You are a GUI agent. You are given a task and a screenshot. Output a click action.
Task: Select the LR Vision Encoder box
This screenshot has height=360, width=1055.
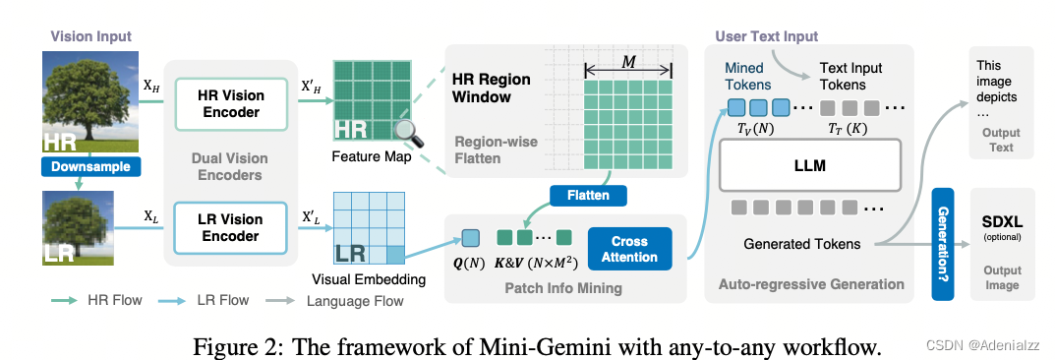230,229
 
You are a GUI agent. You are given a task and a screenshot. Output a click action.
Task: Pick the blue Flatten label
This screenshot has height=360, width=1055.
586,195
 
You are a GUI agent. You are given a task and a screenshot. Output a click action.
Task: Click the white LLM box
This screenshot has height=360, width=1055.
811,165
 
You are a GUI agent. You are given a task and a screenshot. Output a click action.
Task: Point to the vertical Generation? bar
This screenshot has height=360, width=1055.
944,245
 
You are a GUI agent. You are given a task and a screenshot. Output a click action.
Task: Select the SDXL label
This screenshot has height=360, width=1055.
1000,223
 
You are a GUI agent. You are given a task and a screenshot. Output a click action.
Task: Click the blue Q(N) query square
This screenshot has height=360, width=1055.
470,236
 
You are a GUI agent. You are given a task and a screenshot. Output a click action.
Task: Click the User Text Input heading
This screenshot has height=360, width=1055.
767,36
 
